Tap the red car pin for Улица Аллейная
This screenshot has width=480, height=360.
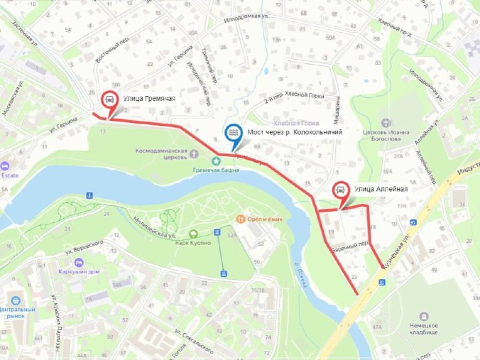[x=340, y=190]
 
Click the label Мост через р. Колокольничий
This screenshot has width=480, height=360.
[x=294, y=132]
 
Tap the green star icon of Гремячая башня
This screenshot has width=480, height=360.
[x=216, y=161]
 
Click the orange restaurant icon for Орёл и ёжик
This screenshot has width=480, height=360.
[x=240, y=219]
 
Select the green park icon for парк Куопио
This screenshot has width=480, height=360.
[x=193, y=233]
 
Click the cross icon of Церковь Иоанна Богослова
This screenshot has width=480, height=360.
[x=386, y=122]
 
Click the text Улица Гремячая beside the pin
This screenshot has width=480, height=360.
[x=149, y=98]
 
